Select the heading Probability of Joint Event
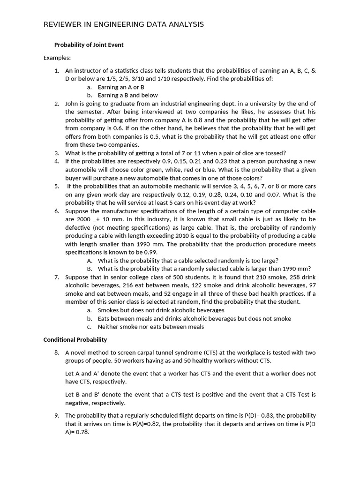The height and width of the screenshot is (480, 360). [89, 45]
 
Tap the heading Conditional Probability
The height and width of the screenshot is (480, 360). [75, 339]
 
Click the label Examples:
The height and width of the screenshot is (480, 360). [57, 58]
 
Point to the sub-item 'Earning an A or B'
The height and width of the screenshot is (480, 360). [121, 87]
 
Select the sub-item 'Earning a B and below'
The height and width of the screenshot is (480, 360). [127, 95]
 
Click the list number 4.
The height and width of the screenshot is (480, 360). [56, 161]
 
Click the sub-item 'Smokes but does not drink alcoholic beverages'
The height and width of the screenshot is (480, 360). [161, 310]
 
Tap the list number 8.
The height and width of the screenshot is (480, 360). [56, 352]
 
